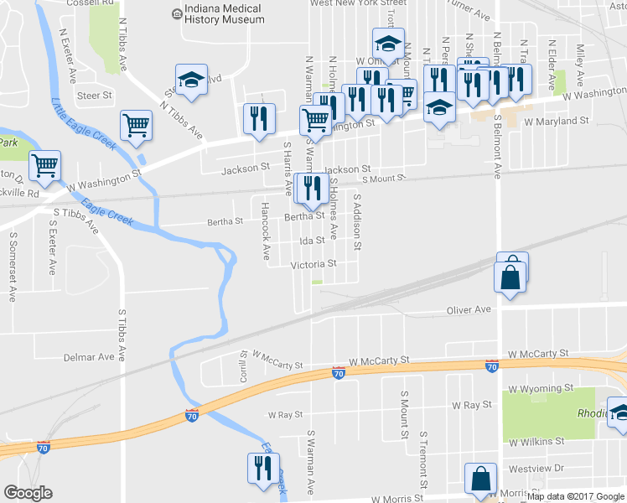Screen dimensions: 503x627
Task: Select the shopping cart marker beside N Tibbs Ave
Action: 135,127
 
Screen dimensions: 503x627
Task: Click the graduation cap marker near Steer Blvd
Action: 191,80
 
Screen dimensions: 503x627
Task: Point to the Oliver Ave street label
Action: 469,309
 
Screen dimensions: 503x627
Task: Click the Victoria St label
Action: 313,264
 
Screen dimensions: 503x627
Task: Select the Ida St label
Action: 312,241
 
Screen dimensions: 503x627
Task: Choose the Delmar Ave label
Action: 89,356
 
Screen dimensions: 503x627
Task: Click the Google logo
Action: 28,493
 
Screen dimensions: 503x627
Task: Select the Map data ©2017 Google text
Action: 576,496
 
